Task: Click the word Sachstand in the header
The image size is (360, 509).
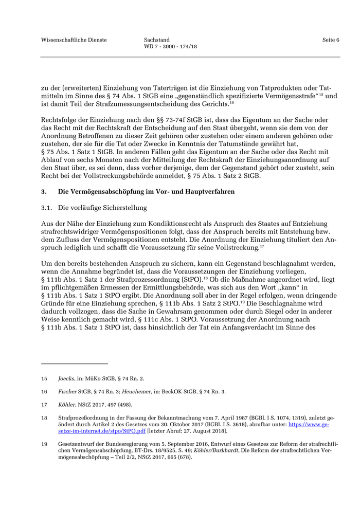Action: [157, 40]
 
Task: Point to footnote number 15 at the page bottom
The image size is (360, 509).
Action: [44, 378]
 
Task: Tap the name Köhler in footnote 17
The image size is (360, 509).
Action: [66, 405]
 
